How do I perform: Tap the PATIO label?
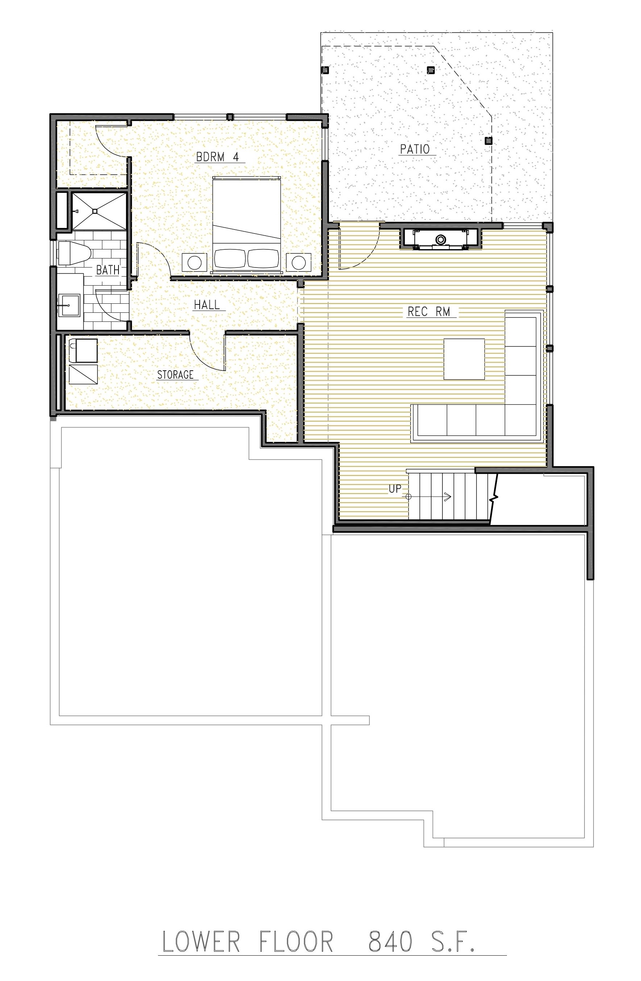point(415,149)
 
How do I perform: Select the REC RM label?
point(429,312)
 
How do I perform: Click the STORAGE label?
point(175,375)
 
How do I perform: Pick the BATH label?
point(108,270)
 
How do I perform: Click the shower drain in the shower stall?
point(95,211)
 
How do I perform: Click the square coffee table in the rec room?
point(464,359)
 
